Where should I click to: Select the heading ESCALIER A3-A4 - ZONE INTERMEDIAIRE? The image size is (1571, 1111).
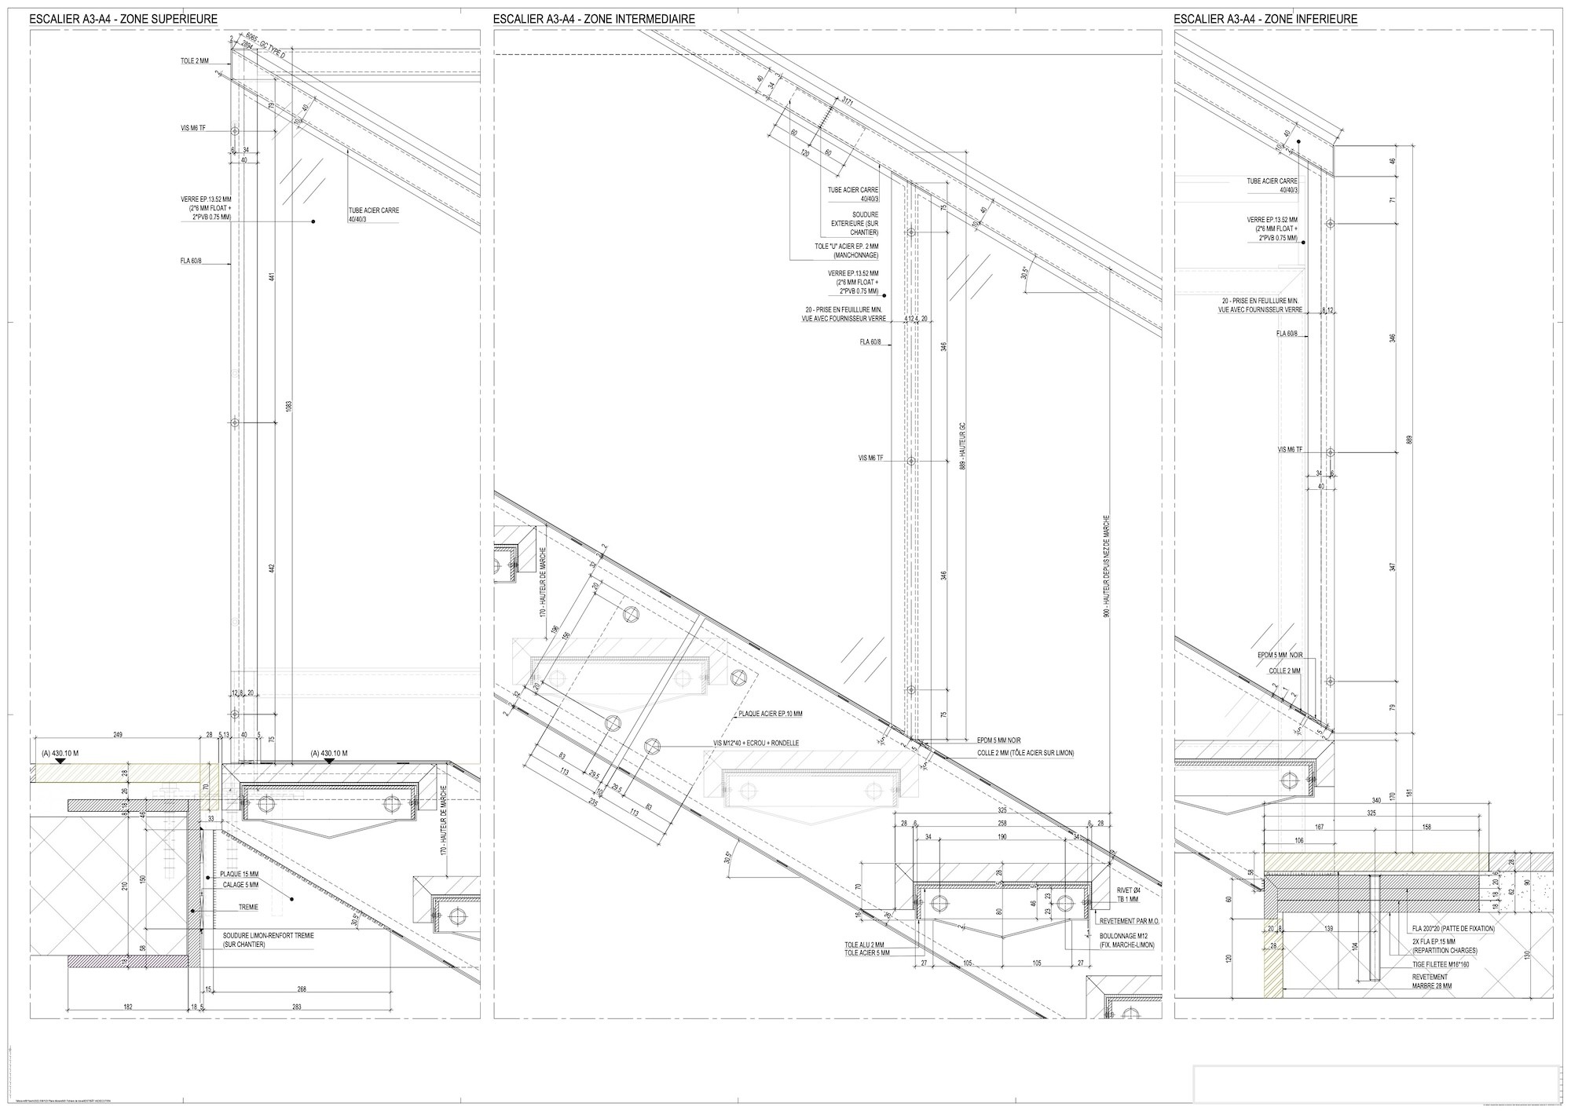(x=594, y=19)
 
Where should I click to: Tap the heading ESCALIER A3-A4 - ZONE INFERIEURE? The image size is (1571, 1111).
(x=1265, y=19)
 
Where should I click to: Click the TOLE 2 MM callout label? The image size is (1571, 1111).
(x=194, y=60)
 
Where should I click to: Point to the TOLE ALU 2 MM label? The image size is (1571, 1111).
(x=865, y=944)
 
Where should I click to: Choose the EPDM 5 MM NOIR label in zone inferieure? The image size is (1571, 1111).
(x=1280, y=655)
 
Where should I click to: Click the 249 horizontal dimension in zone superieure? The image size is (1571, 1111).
(x=119, y=735)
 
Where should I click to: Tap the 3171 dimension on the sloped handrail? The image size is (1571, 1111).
(x=848, y=101)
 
